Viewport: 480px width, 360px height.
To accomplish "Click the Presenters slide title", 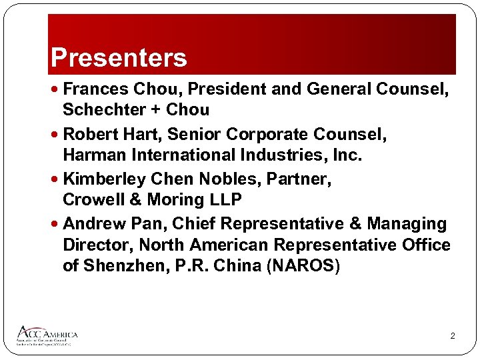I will click(119, 58).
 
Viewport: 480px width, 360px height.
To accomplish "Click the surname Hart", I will click(141, 135).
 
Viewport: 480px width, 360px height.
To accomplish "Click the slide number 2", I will click(452, 336).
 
